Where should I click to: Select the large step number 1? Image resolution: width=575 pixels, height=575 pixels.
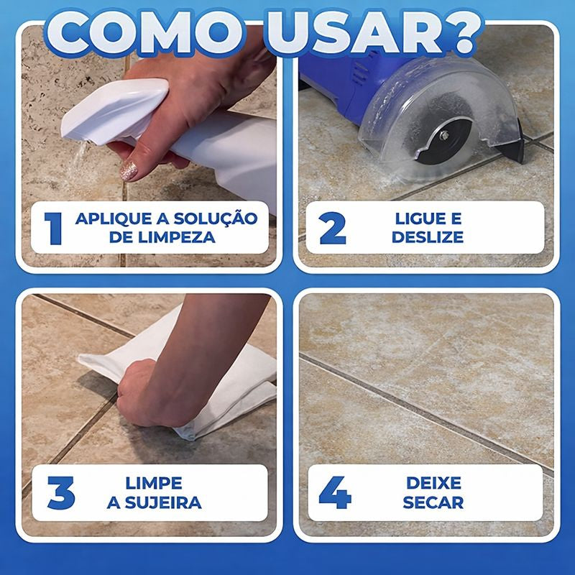point(53,228)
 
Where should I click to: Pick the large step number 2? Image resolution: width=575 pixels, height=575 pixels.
point(333,228)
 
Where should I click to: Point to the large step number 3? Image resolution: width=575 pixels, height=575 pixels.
point(61,492)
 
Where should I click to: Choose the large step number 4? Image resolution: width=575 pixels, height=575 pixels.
point(335,492)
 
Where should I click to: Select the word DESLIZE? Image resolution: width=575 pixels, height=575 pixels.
point(428,237)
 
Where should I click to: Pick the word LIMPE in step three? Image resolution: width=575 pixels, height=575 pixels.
point(154,483)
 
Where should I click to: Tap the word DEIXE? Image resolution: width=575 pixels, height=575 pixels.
point(433,483)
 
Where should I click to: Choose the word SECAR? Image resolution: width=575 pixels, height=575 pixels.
point(433,502)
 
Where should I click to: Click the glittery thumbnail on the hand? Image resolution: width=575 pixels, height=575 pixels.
point(129,170)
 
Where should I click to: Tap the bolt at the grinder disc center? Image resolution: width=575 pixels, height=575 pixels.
point(444,135)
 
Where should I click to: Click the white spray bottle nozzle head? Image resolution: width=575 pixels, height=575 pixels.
point(114,110)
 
